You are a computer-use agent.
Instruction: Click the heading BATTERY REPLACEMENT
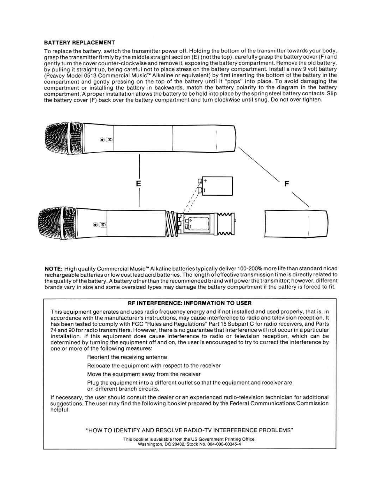79,42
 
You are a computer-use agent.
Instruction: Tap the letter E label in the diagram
138,184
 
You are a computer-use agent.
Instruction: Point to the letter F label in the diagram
287,184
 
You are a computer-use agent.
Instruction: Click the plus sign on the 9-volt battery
205,181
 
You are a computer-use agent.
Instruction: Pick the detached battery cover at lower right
296,224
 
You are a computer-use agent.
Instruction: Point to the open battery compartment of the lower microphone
196,224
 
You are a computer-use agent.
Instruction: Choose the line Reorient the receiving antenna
127,357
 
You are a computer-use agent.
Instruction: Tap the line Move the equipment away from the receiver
144,374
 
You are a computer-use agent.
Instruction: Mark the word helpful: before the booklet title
60,409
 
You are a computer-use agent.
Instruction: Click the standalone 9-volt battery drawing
216,186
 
